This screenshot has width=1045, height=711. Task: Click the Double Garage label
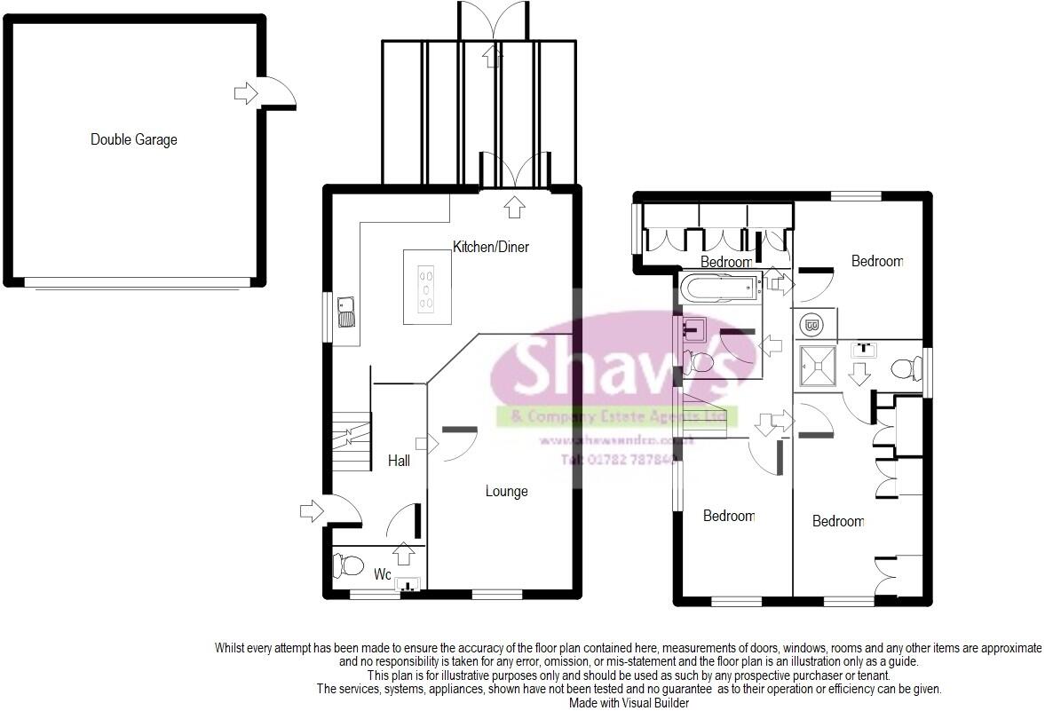[133, 139]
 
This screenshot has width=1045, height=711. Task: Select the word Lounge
[506, 491]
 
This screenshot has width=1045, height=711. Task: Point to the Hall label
[399, 461]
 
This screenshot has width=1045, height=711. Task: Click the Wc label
[382, 574]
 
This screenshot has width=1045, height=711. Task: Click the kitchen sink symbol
[346, 312]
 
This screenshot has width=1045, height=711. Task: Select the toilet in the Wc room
[347, 565]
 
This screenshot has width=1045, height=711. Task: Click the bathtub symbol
[719, 286]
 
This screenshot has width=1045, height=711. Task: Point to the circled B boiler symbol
[811, 324]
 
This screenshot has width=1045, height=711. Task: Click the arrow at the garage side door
[245, 92]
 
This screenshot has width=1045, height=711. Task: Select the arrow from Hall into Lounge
[433, 443]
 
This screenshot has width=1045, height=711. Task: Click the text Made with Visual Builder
[629, 702]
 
